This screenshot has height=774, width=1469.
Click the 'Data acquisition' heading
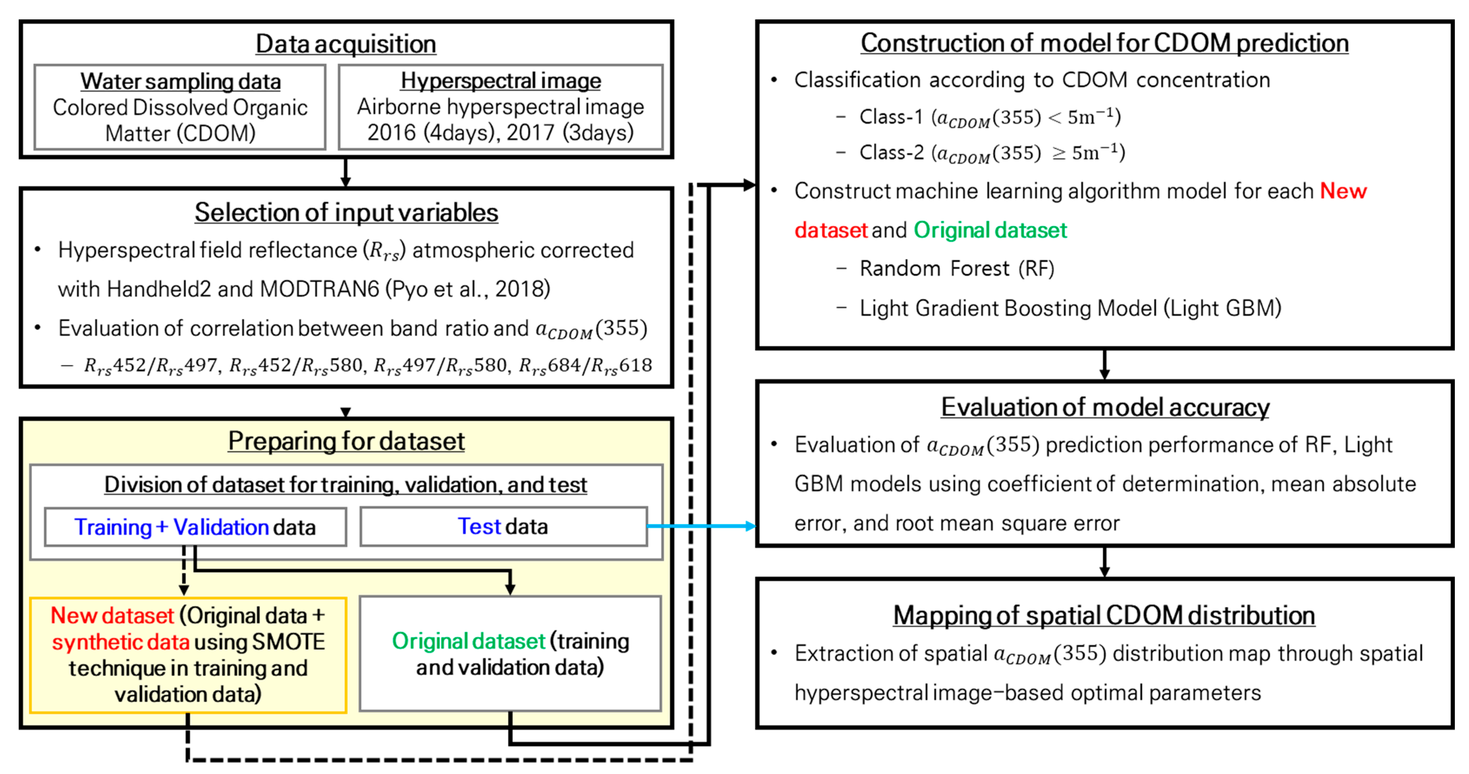pyautogui.click(x=346, y=44)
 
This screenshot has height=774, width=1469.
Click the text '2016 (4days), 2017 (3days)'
pyautogui.click(x=501, y=132)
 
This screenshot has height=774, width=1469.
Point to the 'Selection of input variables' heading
pyautogui.click(x=346, y=212)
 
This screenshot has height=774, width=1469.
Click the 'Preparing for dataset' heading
pyautogui.click(x=346, y=441)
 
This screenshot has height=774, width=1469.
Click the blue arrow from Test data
pyautogui.click(x=702, y=526)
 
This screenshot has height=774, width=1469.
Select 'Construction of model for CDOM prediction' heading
pyautogui.click(x=1105, y=43)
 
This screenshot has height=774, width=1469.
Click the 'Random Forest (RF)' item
pyautogui.click(x=957, y=268)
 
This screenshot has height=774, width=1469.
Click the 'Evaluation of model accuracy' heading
pyautogui.click(x=1105, y=407)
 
